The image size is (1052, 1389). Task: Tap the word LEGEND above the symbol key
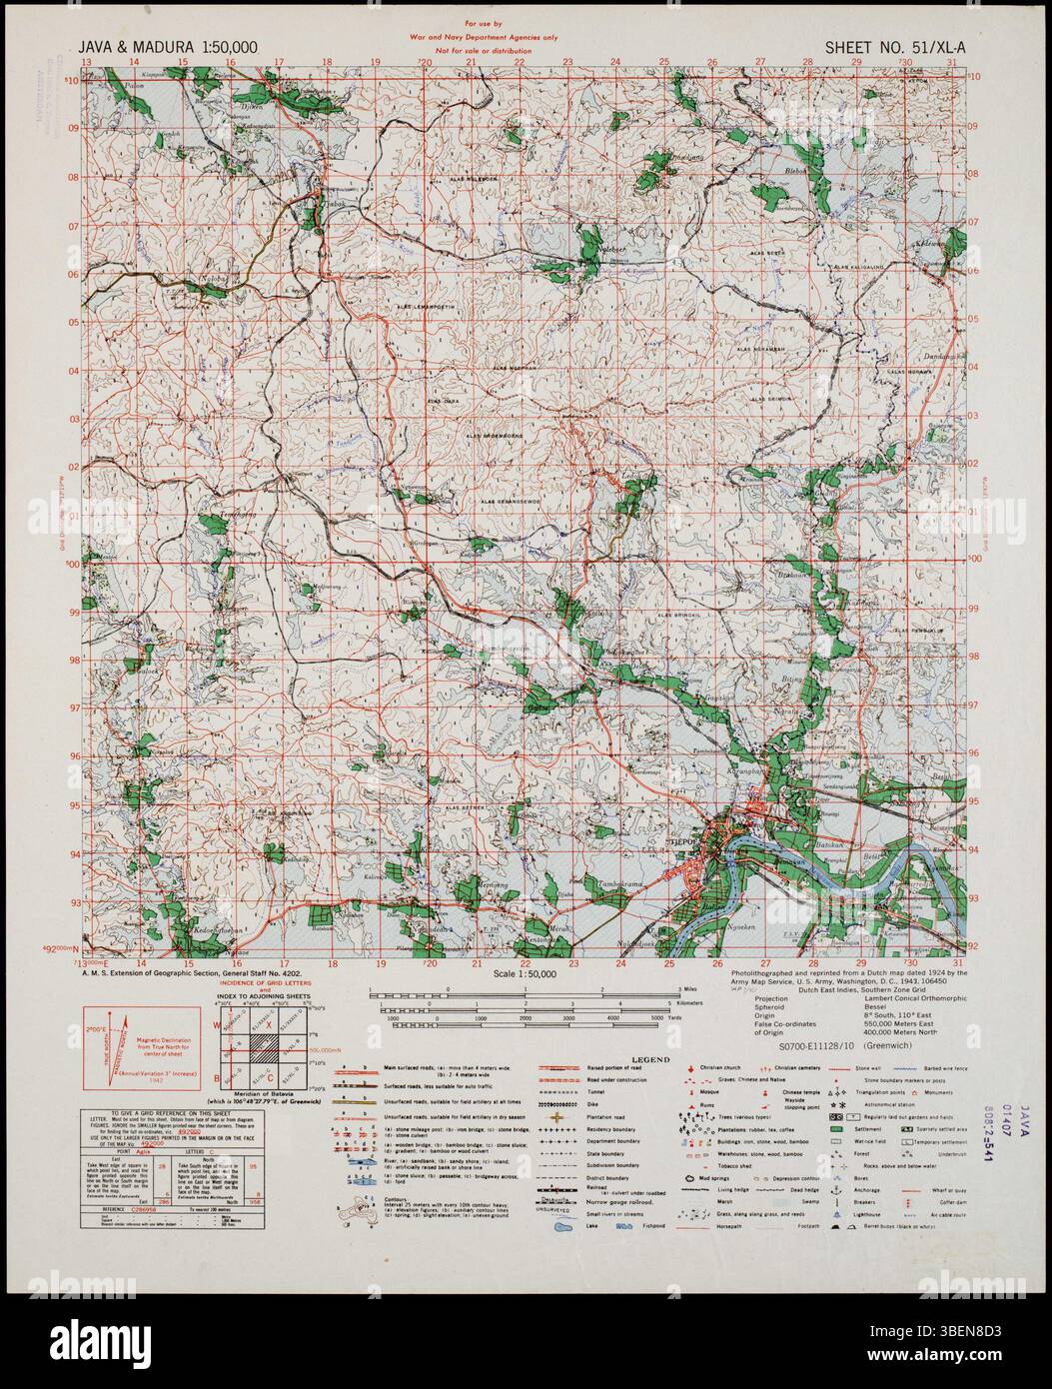[x=647, y=1059]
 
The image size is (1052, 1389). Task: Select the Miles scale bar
[x=526, y=995]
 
